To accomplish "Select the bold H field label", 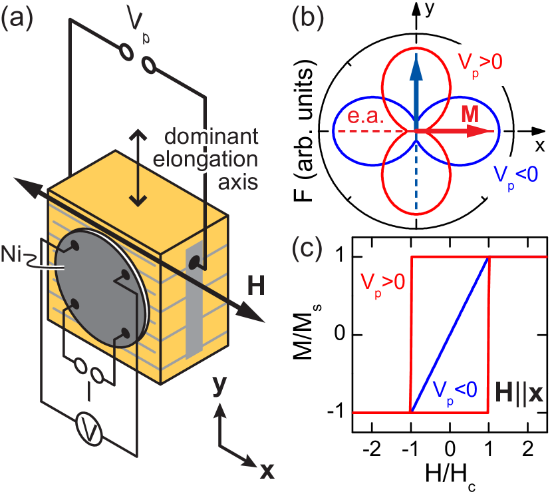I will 255,287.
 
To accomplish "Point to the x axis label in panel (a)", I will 266,471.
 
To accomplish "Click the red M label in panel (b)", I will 470,114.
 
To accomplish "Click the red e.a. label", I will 364,118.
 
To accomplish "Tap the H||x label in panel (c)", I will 519,393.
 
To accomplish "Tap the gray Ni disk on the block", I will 100,286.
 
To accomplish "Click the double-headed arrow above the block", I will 138,166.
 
